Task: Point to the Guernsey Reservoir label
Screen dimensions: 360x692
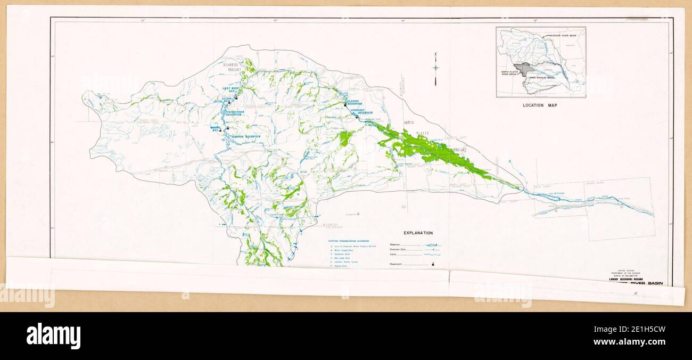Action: pos(362,112)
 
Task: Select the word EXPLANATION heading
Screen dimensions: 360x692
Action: pos(418,233)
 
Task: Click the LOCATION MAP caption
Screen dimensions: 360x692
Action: pos(540,105)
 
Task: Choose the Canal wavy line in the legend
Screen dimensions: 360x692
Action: pos(432,255)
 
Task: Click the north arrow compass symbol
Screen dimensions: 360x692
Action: pos(436,68)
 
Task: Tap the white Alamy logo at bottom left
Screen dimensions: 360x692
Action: pos(53,336)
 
